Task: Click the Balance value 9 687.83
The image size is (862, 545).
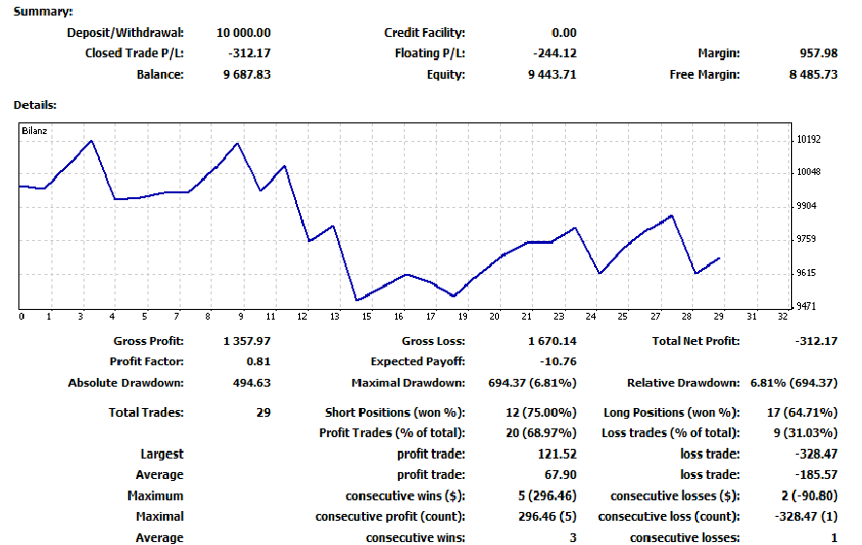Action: [247, 75]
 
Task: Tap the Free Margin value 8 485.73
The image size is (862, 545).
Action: [812, 75]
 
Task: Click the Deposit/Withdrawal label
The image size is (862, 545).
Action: [124, 33]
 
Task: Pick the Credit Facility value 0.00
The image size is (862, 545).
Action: [563, 33]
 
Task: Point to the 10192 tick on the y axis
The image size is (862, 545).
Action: [808, 140]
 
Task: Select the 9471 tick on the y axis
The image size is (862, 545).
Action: [807, 307]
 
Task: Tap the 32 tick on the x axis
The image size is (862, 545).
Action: [782, 316]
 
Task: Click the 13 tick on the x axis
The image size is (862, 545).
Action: [335, 316]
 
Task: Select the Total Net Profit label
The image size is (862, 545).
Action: [695, 341]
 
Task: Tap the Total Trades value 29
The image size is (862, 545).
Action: [263, 413]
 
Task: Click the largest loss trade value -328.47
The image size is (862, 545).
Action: [812, 454]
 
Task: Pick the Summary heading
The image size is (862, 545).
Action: [42, 12]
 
